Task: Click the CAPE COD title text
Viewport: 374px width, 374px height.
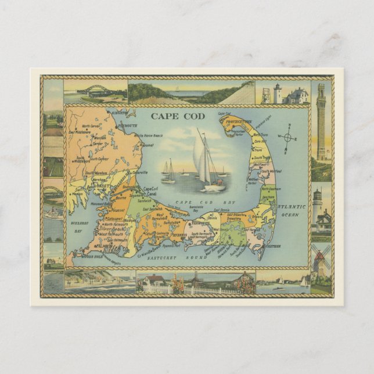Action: [170, 115]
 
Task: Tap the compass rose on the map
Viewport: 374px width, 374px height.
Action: [287, 138]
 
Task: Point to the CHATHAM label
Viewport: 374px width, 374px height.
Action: [274, 245]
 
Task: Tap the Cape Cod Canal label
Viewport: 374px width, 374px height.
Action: [150, 190]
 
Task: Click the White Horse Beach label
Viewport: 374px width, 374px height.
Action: [149, 136]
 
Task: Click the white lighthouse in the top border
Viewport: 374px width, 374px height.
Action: [278, 93]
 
